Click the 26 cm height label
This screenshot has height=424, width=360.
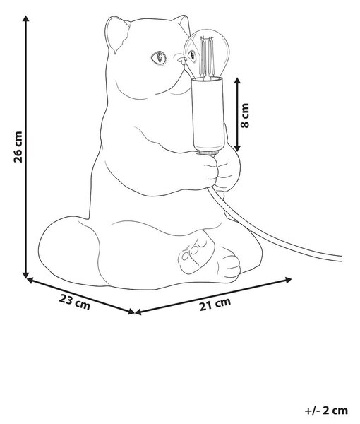click(x=18, y=147)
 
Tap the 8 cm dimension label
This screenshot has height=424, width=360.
click(x=245, y=115)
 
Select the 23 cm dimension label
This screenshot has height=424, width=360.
click(x=75, y=302)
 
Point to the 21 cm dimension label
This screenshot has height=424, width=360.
click(x=215, y=304)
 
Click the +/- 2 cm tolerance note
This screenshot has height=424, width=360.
click(x=326, y=411)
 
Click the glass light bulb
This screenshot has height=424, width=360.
click(x=206, y=53)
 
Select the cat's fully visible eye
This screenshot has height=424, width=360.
click(x=159, y=58)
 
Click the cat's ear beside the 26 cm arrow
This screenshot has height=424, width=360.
click(x=116, y=34)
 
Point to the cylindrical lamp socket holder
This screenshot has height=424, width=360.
click(x=208, y=114)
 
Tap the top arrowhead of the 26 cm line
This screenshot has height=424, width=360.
click(x=26, y=19)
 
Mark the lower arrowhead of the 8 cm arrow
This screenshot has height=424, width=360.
click(x=237, y=148)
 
